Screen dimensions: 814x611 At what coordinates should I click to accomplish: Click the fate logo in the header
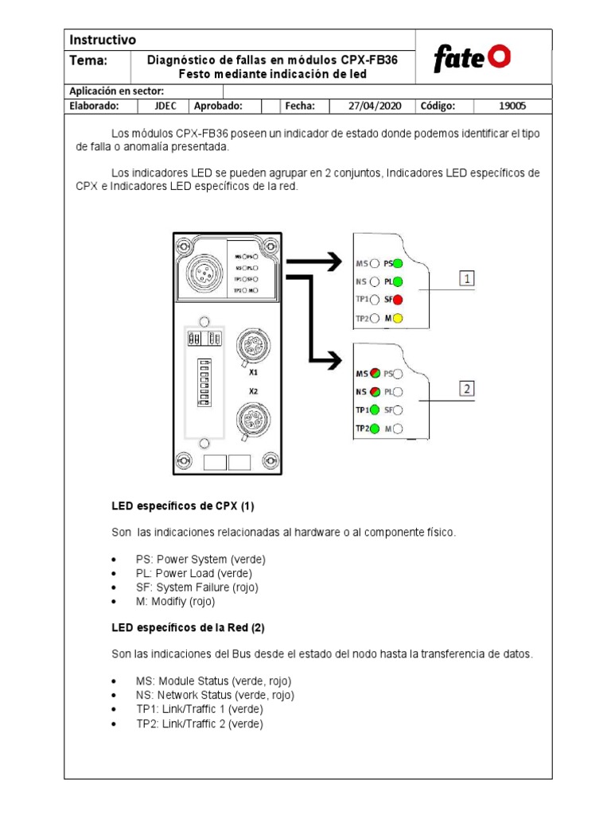(x=472, y=58)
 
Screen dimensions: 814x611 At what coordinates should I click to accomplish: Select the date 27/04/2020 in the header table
(x=376, y=106)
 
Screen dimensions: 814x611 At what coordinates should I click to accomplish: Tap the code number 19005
(x=512, y=106)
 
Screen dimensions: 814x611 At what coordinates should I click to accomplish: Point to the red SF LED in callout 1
(x=398, y=300)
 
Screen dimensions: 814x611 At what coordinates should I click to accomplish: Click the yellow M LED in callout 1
(x=398, y=319)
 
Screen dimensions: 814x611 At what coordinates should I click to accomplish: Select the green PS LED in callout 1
(x=398, y=263)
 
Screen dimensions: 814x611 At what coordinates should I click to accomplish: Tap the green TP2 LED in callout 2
(x=374, y=428)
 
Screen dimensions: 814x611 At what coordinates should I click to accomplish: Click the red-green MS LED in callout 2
(x=374, y=373)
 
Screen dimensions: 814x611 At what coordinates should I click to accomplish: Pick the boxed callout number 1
(x=467, y=279)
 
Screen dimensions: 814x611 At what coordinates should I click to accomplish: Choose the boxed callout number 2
(x=467, y=389)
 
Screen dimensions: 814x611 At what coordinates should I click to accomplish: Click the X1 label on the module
(x=253, y=371)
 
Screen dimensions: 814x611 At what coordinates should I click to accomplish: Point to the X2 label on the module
(x=253, y=391)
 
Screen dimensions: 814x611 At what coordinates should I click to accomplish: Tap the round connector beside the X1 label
(x=243, y=343)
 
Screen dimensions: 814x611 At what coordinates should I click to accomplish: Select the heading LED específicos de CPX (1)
(x=182, y=506)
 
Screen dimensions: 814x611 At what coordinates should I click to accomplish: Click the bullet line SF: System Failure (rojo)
(x=197, y=587)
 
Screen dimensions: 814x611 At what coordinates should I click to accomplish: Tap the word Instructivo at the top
(x=103, y=40)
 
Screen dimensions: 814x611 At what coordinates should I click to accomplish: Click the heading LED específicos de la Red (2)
(x=188, y=628)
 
